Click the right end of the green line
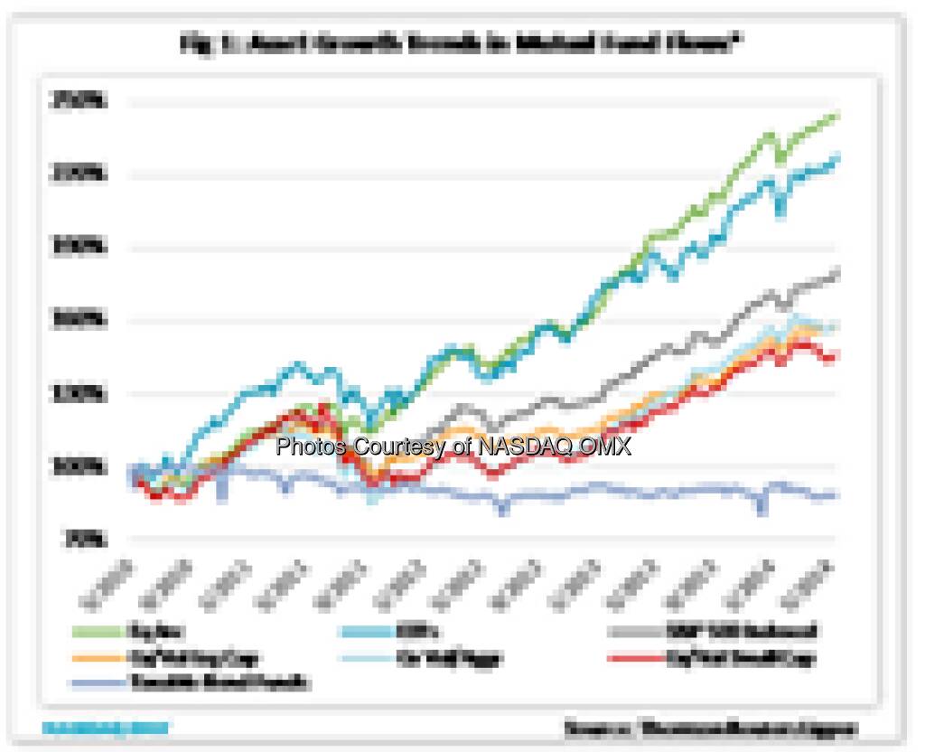[x=838, y=116]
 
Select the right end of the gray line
[x=838, y=271]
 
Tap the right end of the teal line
[x=837, y=159]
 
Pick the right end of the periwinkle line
[x=837, y=495]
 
